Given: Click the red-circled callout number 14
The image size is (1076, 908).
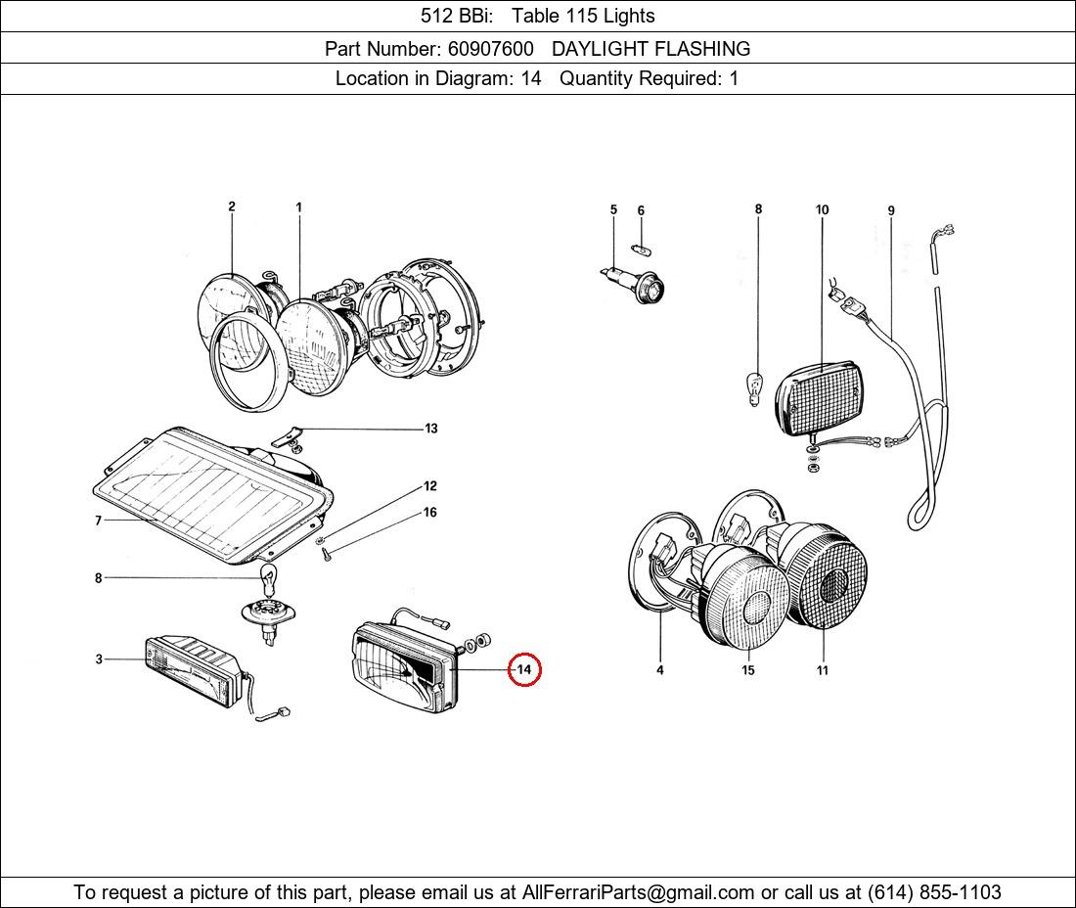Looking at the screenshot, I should tap(524, 669).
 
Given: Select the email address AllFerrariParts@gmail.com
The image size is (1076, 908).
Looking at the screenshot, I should tap(639, 892).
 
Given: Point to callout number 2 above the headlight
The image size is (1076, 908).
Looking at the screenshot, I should tap(232, 206).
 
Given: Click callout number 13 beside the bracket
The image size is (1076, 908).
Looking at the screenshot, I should tap(430, 429).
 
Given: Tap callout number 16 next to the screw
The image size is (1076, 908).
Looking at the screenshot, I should tap(429, 513).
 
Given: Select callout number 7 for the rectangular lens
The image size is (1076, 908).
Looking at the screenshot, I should tap(98, 521).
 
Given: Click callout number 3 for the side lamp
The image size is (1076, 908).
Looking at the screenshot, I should tap(99, 659).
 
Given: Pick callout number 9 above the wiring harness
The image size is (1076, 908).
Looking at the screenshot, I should tap(891, 210).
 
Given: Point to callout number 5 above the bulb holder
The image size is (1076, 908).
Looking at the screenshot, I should tap(613, 209).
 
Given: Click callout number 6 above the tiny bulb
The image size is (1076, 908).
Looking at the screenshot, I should tap(641, 210).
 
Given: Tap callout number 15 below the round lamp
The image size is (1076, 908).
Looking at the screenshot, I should tap(748, 670).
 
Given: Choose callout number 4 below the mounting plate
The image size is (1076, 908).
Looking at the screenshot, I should tap(660, 670).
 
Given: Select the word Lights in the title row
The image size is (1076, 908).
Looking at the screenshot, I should tap(629, 16).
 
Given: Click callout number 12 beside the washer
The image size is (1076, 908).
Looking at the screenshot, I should tap(429, 486).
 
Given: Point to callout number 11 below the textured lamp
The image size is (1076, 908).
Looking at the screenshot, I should tap(823, 670).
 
